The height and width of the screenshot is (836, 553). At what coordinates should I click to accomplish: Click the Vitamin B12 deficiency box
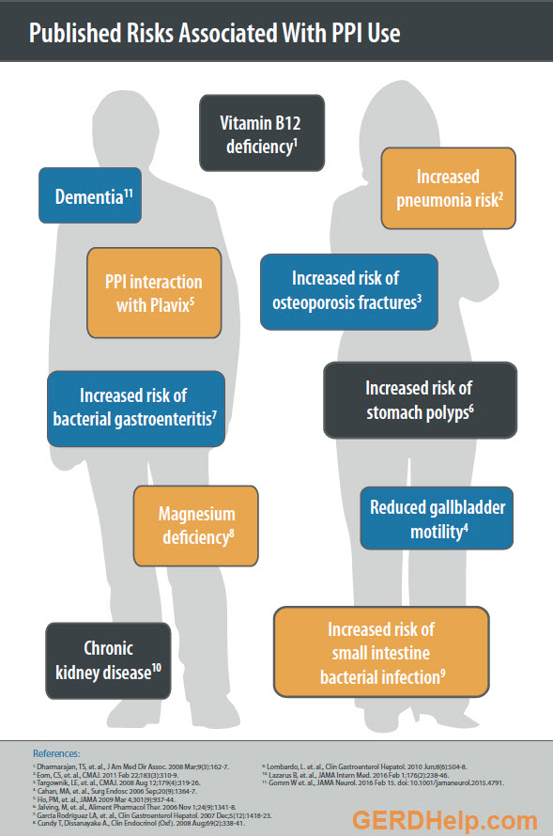click(262, 134)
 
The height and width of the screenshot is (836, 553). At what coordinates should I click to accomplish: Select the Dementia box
click(90, 196)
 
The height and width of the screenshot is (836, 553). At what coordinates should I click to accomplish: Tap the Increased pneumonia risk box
click(448, 188)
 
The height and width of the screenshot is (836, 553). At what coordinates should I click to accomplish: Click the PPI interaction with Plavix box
click(153, 292)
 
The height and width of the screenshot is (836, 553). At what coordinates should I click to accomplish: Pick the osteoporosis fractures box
click(348, 291)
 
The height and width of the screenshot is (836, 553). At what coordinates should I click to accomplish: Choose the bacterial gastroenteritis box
click(136, 408)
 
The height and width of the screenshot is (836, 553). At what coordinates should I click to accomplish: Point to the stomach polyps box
click(419, 399)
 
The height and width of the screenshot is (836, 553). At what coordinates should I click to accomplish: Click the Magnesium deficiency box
click(195, 525)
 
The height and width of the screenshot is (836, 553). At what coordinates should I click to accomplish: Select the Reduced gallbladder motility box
click(437, 519)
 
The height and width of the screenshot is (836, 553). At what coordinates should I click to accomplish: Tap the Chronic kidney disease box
click(108, 659)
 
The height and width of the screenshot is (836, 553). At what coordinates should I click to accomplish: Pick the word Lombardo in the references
click(285, 766)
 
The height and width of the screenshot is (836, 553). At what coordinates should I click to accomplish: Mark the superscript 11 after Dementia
click(129, 192)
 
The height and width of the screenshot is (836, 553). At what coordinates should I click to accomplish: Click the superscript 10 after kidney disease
click(157, 668)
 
